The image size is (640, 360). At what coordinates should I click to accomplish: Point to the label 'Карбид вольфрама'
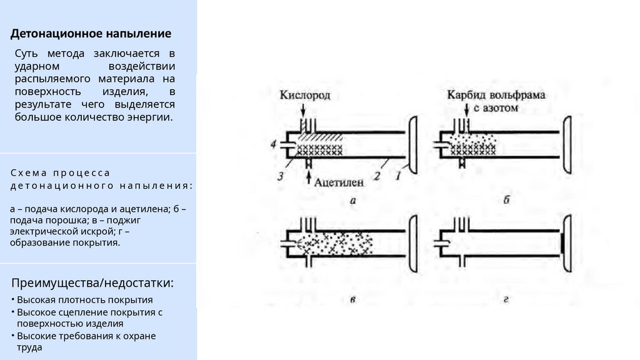click(x=497, y=96)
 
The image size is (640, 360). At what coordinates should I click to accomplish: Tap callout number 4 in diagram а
click(x=273, y=144)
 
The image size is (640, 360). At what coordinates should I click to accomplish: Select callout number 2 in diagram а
click(x=377, y=177)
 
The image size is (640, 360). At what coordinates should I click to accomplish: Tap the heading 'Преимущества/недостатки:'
click(x=92, y=283)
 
